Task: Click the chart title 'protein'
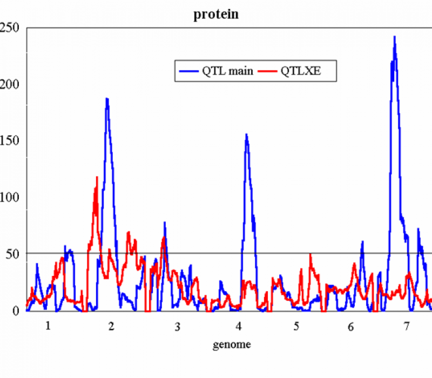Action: point(216,15)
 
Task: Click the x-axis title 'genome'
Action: point(232,344)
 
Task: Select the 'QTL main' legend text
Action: point(227,71)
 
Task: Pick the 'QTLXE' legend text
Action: point(301,71)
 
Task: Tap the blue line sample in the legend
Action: point(189,71)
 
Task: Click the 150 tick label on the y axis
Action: point(12,140)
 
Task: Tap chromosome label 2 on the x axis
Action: point(111,327)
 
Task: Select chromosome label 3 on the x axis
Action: point(177,328)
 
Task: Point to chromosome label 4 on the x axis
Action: point(238,327)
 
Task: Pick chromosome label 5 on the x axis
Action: point(296,327)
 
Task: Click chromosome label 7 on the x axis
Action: point(406,327)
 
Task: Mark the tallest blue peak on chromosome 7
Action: point(395,37)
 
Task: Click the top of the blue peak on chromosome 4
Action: point(246,134)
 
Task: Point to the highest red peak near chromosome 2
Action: point(97,177)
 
